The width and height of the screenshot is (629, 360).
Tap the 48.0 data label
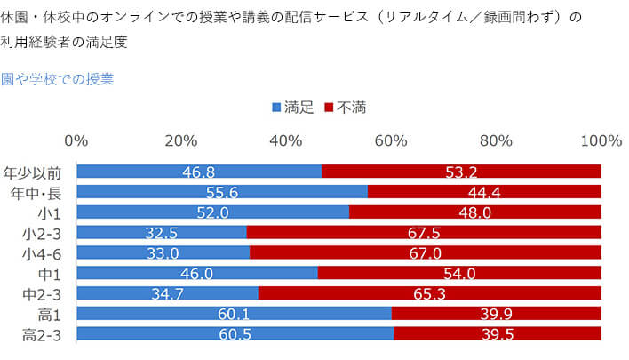[475, 212]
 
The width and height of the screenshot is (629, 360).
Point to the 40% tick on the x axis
[286, 140]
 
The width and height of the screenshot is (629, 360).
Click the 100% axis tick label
[601, 140]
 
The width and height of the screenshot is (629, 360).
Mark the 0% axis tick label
[76, 140]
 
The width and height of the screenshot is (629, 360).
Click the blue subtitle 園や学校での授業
[57, 78]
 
